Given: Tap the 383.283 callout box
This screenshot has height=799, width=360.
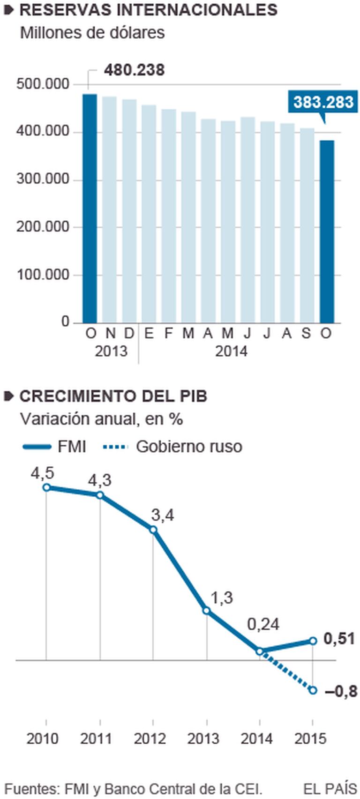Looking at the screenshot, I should [x=323, y=102].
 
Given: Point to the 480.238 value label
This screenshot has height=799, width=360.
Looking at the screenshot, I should [x=134, y=70].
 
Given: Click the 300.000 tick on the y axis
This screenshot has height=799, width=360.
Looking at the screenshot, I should [x=43, y=179].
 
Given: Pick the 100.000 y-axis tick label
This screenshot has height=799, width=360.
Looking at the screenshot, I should [x=43, y=275].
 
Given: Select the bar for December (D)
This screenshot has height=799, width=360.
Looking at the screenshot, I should [x=129, y=211].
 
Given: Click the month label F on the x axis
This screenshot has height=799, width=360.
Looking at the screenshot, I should [x=168, y=333].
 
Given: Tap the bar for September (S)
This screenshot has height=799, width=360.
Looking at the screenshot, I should [x=307, y=225].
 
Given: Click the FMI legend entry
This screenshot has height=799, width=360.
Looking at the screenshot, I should [x=54, y=446].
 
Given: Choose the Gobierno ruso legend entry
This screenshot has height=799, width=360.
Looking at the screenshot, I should [x=172, y=446].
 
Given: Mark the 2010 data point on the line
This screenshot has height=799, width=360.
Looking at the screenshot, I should [x=46, y=487].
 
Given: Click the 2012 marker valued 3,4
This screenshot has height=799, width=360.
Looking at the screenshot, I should [x=153, y=530].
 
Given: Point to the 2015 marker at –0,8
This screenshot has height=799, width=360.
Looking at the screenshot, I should [x=313, y=690].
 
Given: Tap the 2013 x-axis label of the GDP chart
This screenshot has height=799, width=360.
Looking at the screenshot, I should [x=203, y=739].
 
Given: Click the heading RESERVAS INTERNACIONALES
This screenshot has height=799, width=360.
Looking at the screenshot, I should [x=148, y=10].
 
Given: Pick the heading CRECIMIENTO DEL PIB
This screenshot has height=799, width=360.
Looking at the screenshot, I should [x=113, y=396].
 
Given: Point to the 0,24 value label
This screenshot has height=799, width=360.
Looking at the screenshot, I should [x=263, y=625].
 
